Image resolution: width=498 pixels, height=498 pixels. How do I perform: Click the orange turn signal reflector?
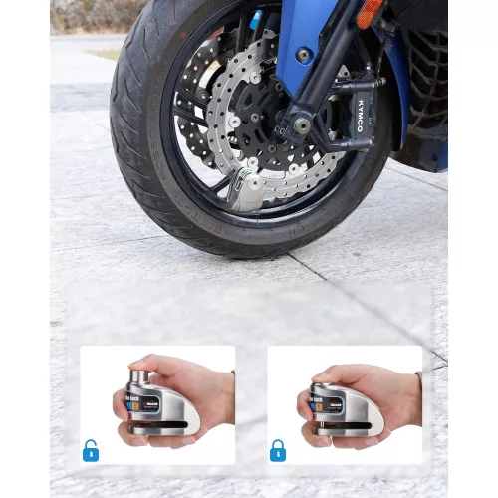pos(370,12)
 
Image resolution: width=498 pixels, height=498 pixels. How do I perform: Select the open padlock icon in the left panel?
pos(91,449)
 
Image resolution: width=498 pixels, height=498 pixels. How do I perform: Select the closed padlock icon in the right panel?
pos(278,449)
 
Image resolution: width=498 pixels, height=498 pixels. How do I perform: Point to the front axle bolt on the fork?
pos(301,126)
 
